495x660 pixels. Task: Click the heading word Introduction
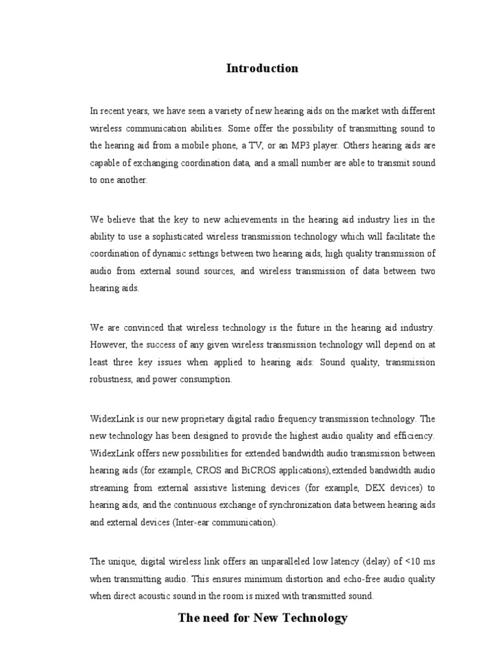262,68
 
